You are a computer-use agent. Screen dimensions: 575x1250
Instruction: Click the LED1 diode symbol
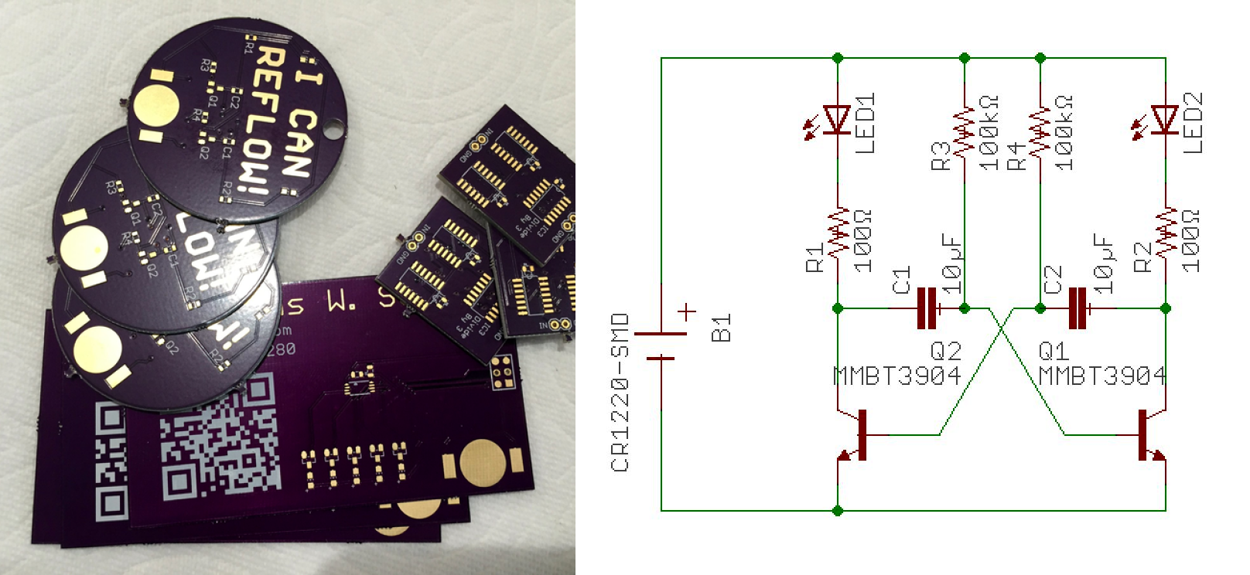pyautogui.click(x=837, y=120)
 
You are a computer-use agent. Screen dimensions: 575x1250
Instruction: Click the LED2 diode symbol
pyautogui.click(x=1165, y=120)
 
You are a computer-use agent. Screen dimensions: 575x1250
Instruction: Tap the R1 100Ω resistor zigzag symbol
pyautogui.click(x=838, y=232)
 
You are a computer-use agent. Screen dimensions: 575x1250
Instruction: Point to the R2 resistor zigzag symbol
pyautogui.click(x=1166, y=232)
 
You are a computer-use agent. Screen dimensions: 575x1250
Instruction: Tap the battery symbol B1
pyautogui.click(x=661, y=345)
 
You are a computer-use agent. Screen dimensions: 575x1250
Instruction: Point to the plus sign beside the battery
pyautogui.click(x=687, y=312)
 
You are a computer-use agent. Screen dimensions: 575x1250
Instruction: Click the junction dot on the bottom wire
pyautogui.click(x=838, y=510)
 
